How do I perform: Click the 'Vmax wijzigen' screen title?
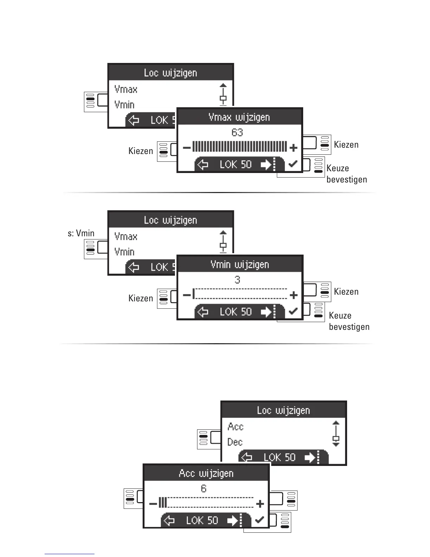[x=239, y=117]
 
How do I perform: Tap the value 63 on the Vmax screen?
[x=237, y=133]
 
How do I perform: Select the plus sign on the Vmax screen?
[x=293, y=148]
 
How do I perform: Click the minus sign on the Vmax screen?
[x=187, y=148]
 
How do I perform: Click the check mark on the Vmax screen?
[x=293, y=164]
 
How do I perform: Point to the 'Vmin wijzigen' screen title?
[x=240, y=264]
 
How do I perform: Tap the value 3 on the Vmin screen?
[x=237, y=280]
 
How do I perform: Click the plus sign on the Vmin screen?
[x=293, y=295]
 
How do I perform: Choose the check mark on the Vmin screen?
[x=293, y=311]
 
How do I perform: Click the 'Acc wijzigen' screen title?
[x=206, y=473]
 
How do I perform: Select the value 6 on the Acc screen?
[x=204, y=488]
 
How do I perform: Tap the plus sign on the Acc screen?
[x=260, y=504]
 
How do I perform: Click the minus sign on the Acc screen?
[x=153, y=504]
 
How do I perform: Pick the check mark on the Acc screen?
[x=260, y=520]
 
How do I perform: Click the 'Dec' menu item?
[x=235, y=442]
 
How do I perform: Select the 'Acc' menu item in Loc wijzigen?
[x=235, y=427]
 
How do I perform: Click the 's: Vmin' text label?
[x=81, y=233]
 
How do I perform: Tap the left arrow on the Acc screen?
[x=170, y=520]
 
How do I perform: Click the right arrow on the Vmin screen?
[x=266, y=312]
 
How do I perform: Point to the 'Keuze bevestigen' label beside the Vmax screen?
[x=346, y=174]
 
